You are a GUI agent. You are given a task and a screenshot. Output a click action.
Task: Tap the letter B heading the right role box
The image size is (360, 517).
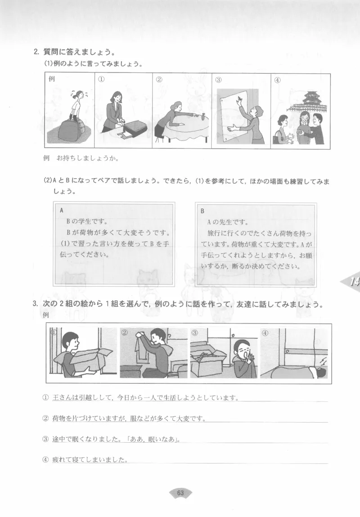202,210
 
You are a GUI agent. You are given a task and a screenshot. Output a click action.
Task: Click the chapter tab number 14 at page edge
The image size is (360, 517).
354,282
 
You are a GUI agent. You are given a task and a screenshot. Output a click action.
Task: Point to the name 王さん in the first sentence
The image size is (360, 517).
62,398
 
